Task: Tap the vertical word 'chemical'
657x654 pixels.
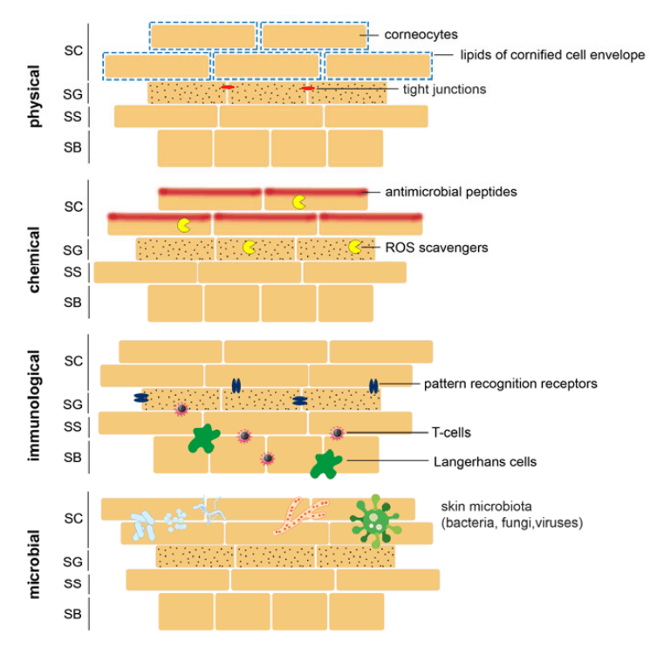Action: click(x=36, y=259)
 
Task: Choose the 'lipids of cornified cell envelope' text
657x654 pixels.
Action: click(x=552, y=55)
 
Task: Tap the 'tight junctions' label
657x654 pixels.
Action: click(x=444, y=89)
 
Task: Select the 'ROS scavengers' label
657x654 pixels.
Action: click(x=436, y=248)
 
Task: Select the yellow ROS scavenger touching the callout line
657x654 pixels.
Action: click(x=355, y=247)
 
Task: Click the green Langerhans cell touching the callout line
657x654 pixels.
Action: click(x=325, y=463)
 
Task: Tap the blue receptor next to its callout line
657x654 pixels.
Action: click(x=373, y=385)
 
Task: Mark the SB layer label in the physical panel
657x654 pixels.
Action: click(x=73, y=148)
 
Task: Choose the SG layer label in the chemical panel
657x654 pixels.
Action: click(x=73, y=250)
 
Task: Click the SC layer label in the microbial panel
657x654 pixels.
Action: click(x=73, y=518)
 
